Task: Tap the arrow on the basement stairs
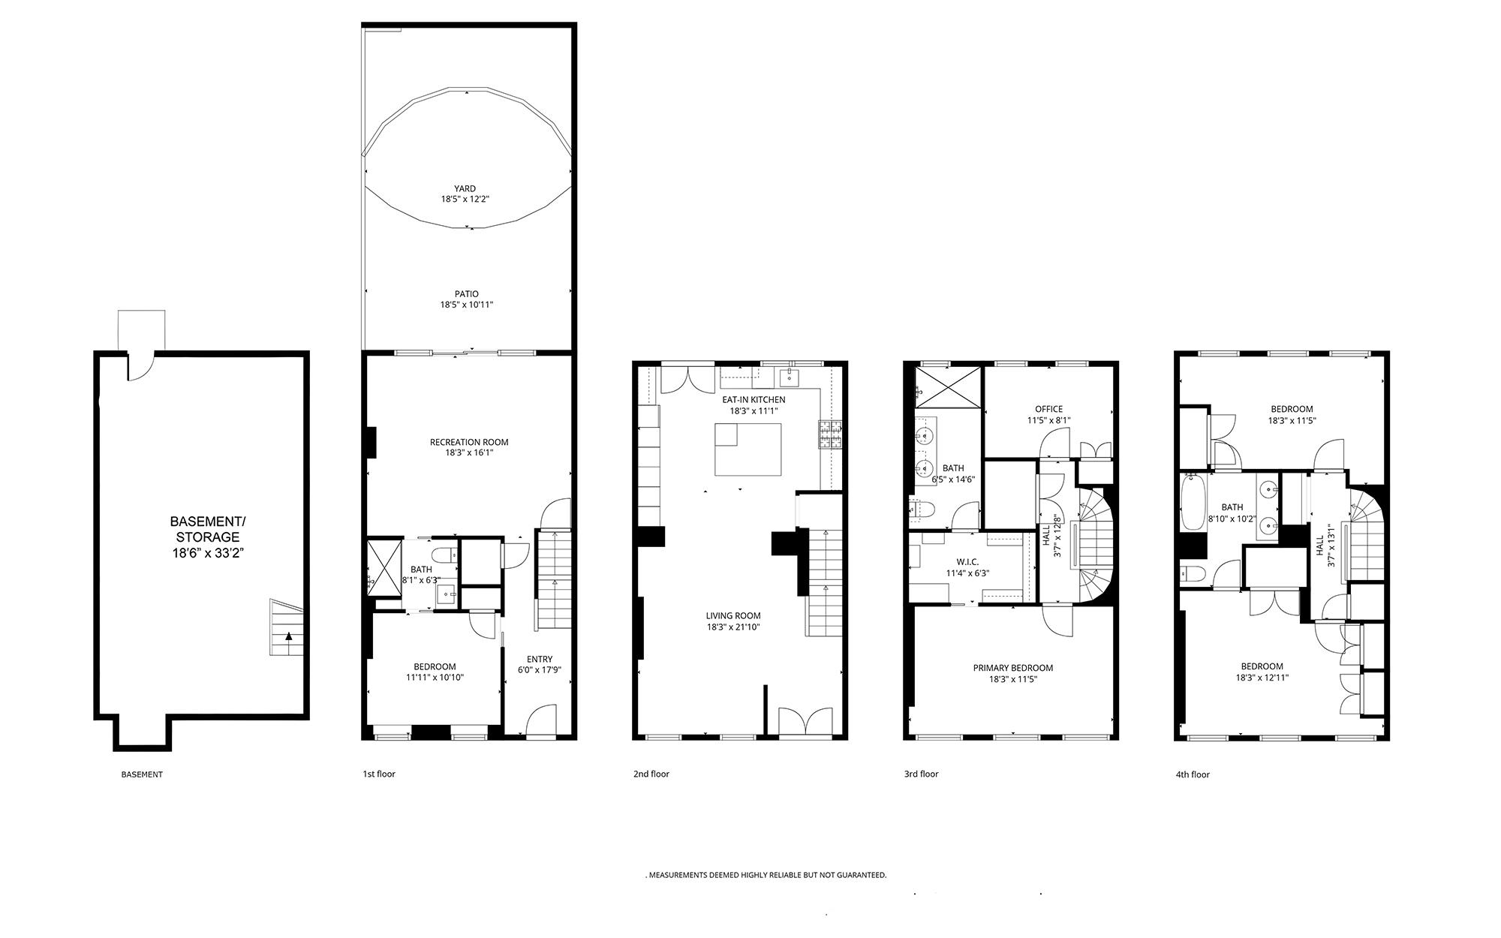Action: [289, 636]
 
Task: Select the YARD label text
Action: [465, 189]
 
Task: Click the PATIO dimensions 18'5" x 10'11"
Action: [467, 305]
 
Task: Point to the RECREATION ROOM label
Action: [469, 442]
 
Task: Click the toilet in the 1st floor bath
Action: [447, 555]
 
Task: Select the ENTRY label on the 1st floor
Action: [540, 660]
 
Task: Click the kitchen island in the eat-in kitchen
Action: [747, 449]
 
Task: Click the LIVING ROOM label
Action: [733, 615]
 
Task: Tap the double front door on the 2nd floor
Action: [805, 721]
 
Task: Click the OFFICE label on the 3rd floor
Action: [1049, 409]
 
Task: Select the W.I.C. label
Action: [967, 562]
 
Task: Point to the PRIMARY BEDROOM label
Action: [1013, 668]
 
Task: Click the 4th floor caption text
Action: [1193, 774]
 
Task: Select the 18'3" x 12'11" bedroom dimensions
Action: [1262, 678]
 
